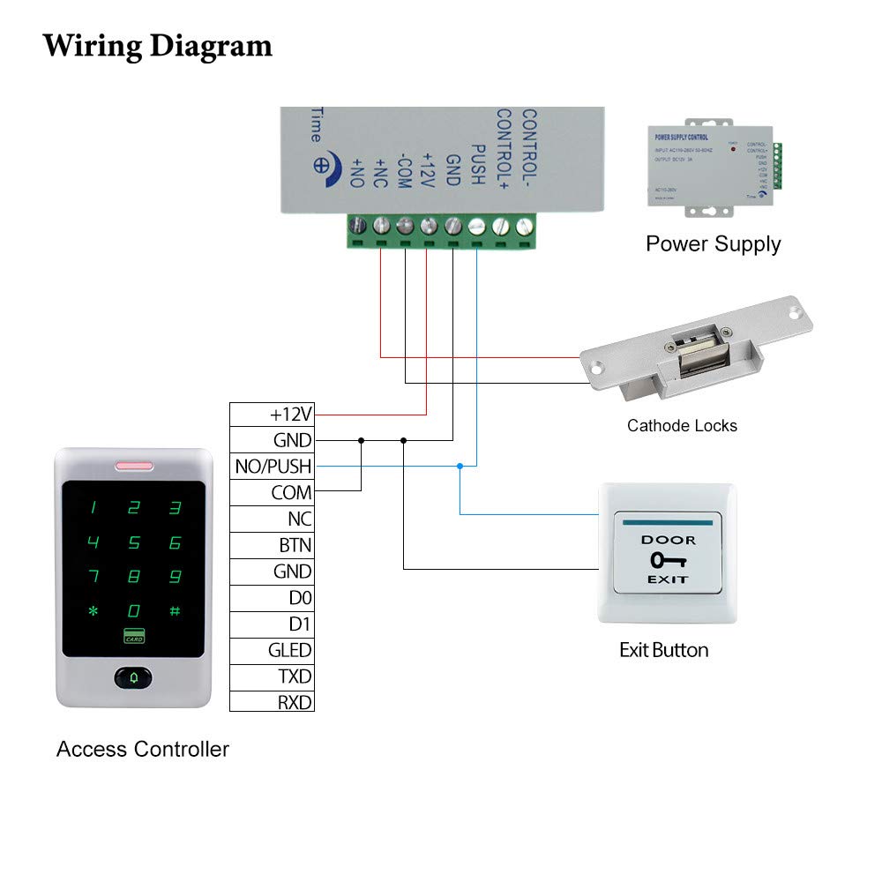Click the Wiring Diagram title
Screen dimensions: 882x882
pos(158,45)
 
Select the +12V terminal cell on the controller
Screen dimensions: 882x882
pos(272,415)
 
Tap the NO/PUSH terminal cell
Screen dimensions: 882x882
pos(272,467)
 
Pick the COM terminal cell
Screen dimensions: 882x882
pos(272,493)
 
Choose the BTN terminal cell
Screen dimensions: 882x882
pos(272,546)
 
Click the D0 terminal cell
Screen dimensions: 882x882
pos(272,598)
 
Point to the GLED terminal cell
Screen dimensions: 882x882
pos(272,651)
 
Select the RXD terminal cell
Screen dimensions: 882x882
pos(272,703)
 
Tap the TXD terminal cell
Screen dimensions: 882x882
pos(272,676)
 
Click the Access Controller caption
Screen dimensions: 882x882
pos(143,750)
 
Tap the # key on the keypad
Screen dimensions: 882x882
pos(175,610)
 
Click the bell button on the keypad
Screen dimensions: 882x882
pos(133,678)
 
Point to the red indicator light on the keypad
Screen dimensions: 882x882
pos(133,466)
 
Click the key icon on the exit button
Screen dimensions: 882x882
pos(668,560)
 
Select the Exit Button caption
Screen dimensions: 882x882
pos(664,651)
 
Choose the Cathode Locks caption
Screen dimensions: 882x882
pos(682,426)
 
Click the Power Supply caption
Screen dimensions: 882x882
pos(714,244)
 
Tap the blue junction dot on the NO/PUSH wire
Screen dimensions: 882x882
pos(460,466)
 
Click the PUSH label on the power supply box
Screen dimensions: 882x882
pos(477,164)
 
